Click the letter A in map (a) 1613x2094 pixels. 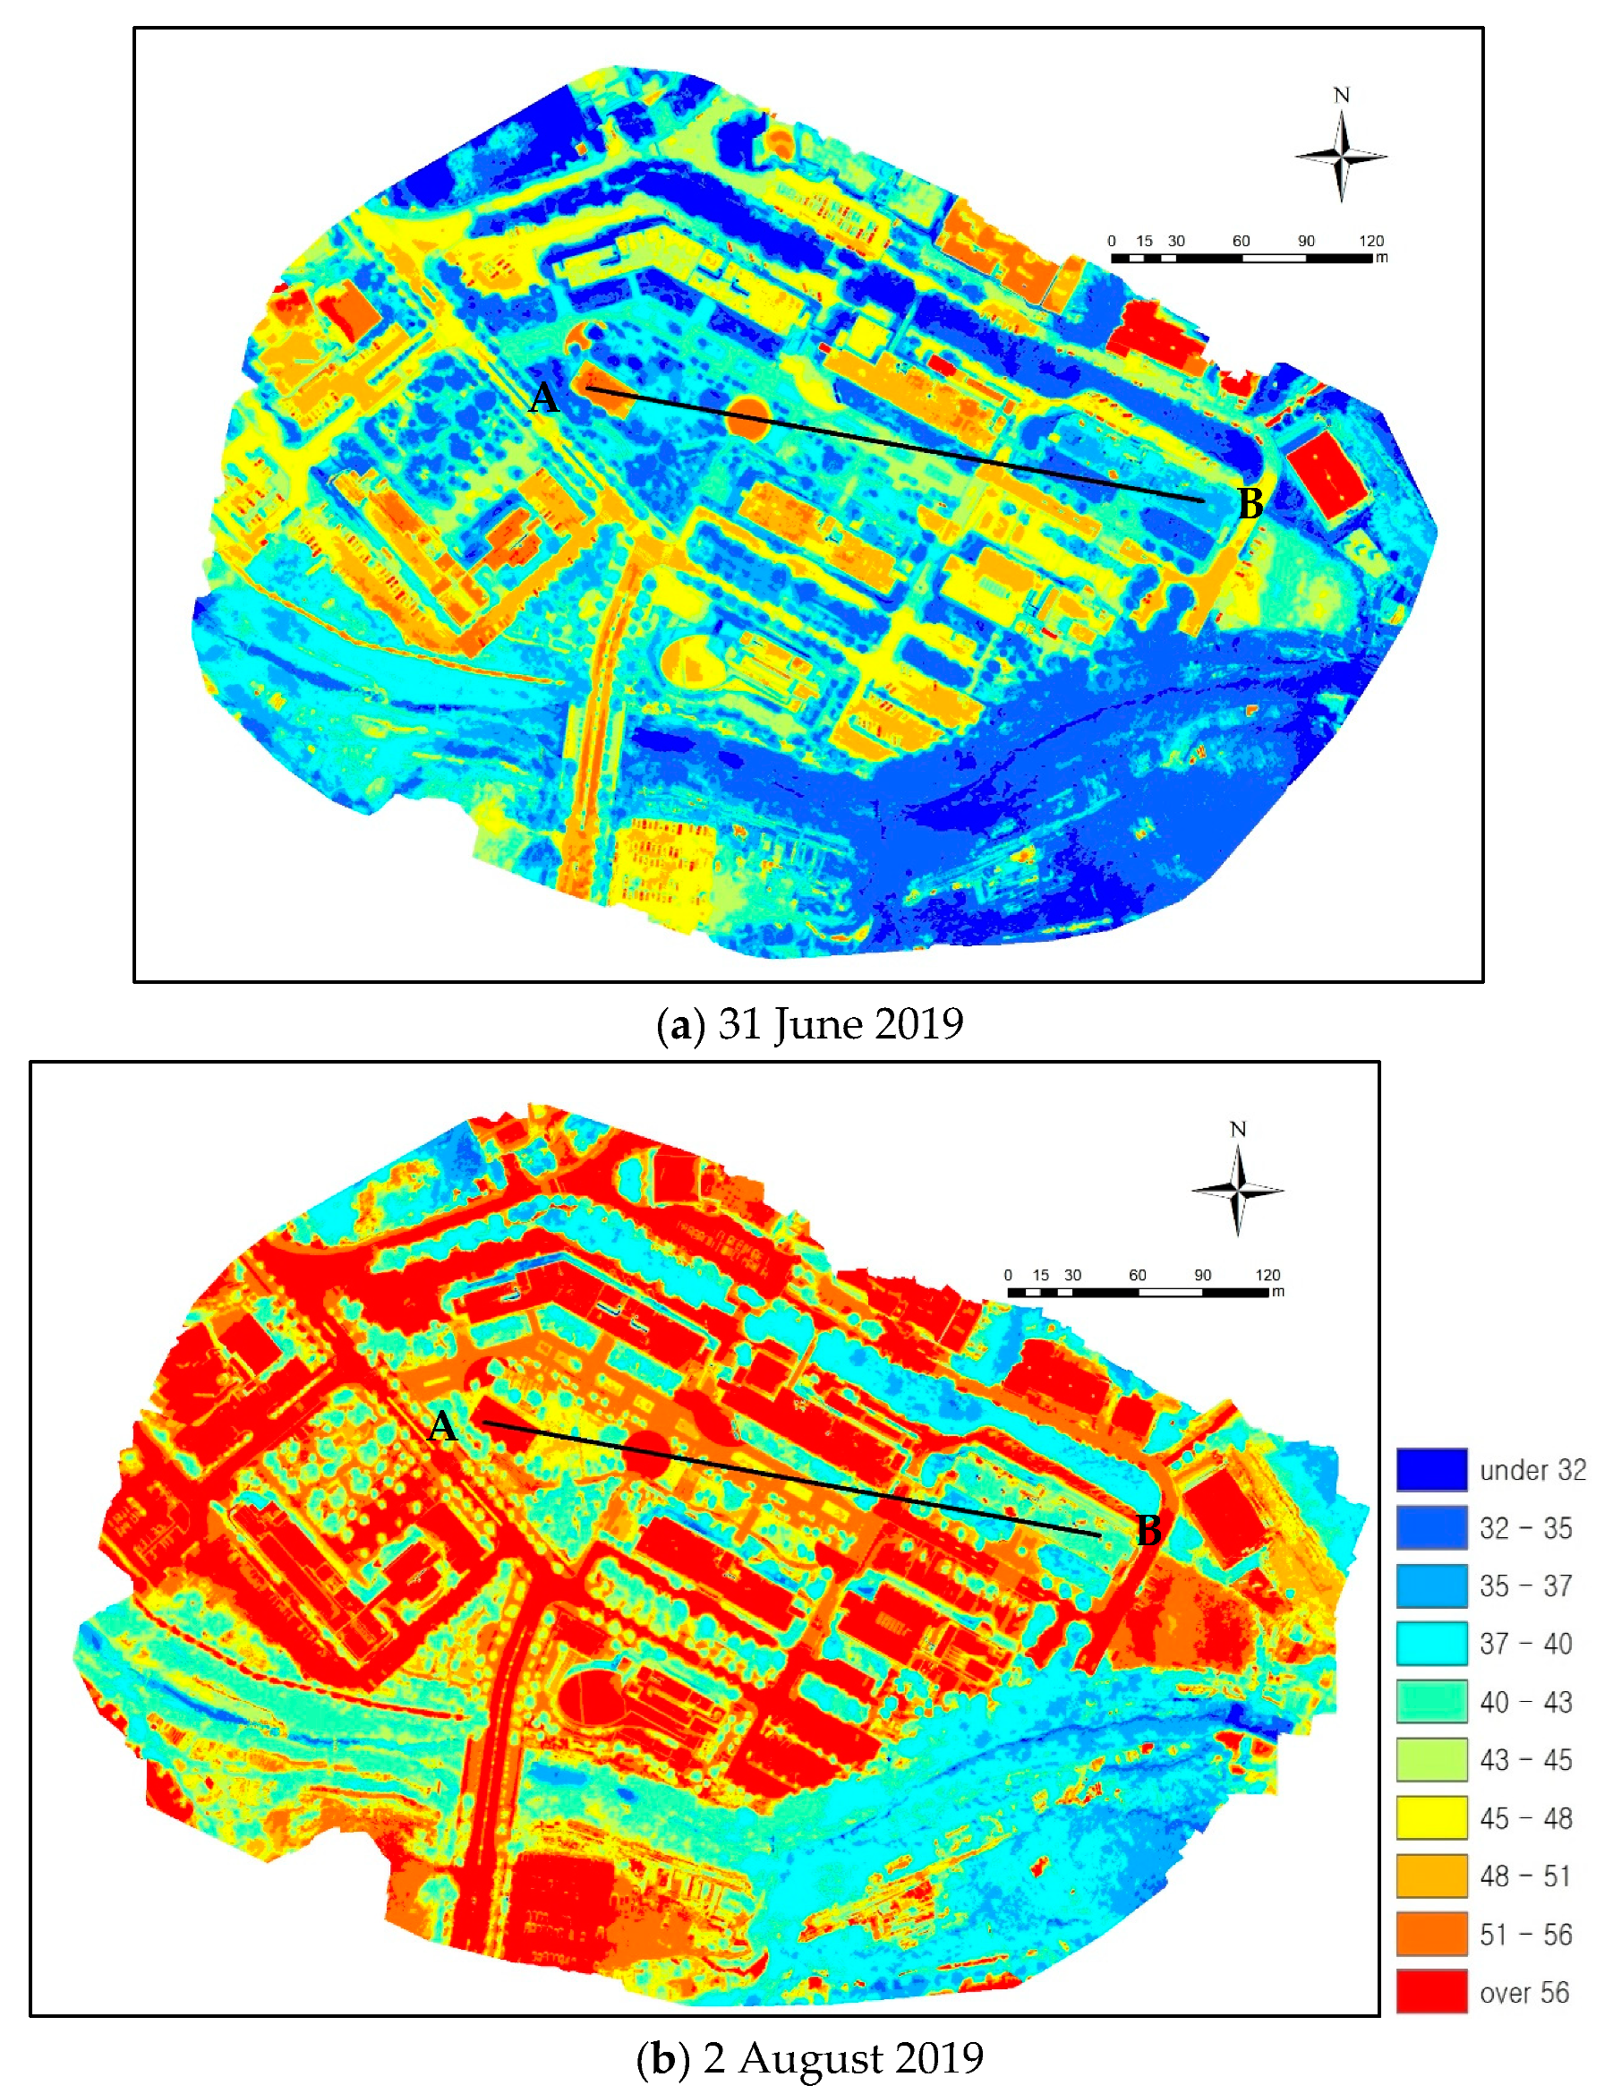tap(543, 397)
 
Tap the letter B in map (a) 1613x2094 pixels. tap(1250, 504)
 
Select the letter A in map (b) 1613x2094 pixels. tap(442, 1428)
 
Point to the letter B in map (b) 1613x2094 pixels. tap(1148, 1531)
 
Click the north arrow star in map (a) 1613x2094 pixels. tap(1341, 157)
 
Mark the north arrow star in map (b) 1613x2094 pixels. tap(1237, 1190)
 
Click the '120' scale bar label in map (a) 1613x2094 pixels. tap(1370, 242)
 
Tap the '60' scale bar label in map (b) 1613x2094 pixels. tap(1137, 1275)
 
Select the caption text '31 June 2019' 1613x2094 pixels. tap(840, 1024)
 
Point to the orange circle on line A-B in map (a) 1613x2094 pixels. tap(747, 420)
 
